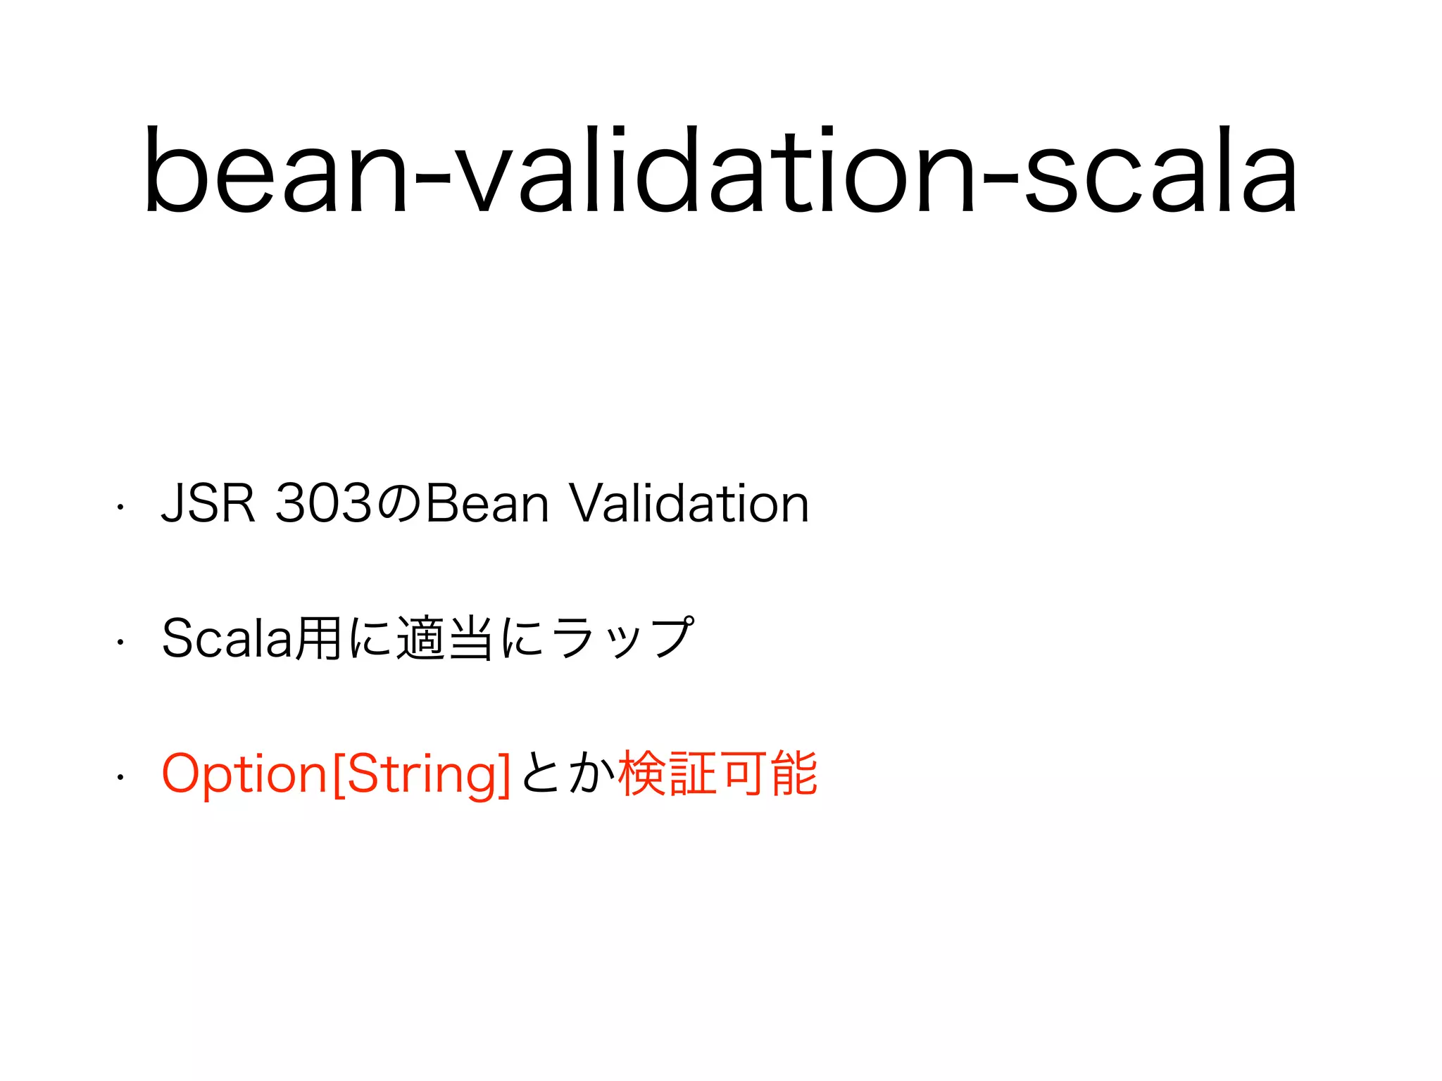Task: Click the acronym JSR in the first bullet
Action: (208, 504)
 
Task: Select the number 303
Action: (323, 504)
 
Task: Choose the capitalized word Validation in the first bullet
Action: (689, 504)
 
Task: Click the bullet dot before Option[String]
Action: (120, 777)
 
